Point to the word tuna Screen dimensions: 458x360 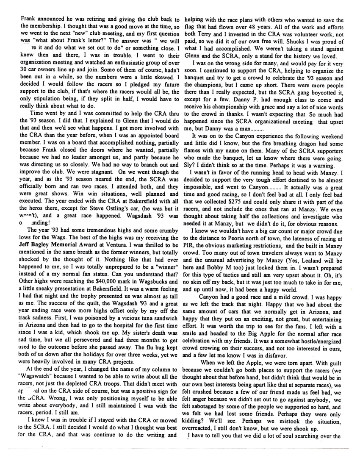pyautogui.click(x=138, y=335)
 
